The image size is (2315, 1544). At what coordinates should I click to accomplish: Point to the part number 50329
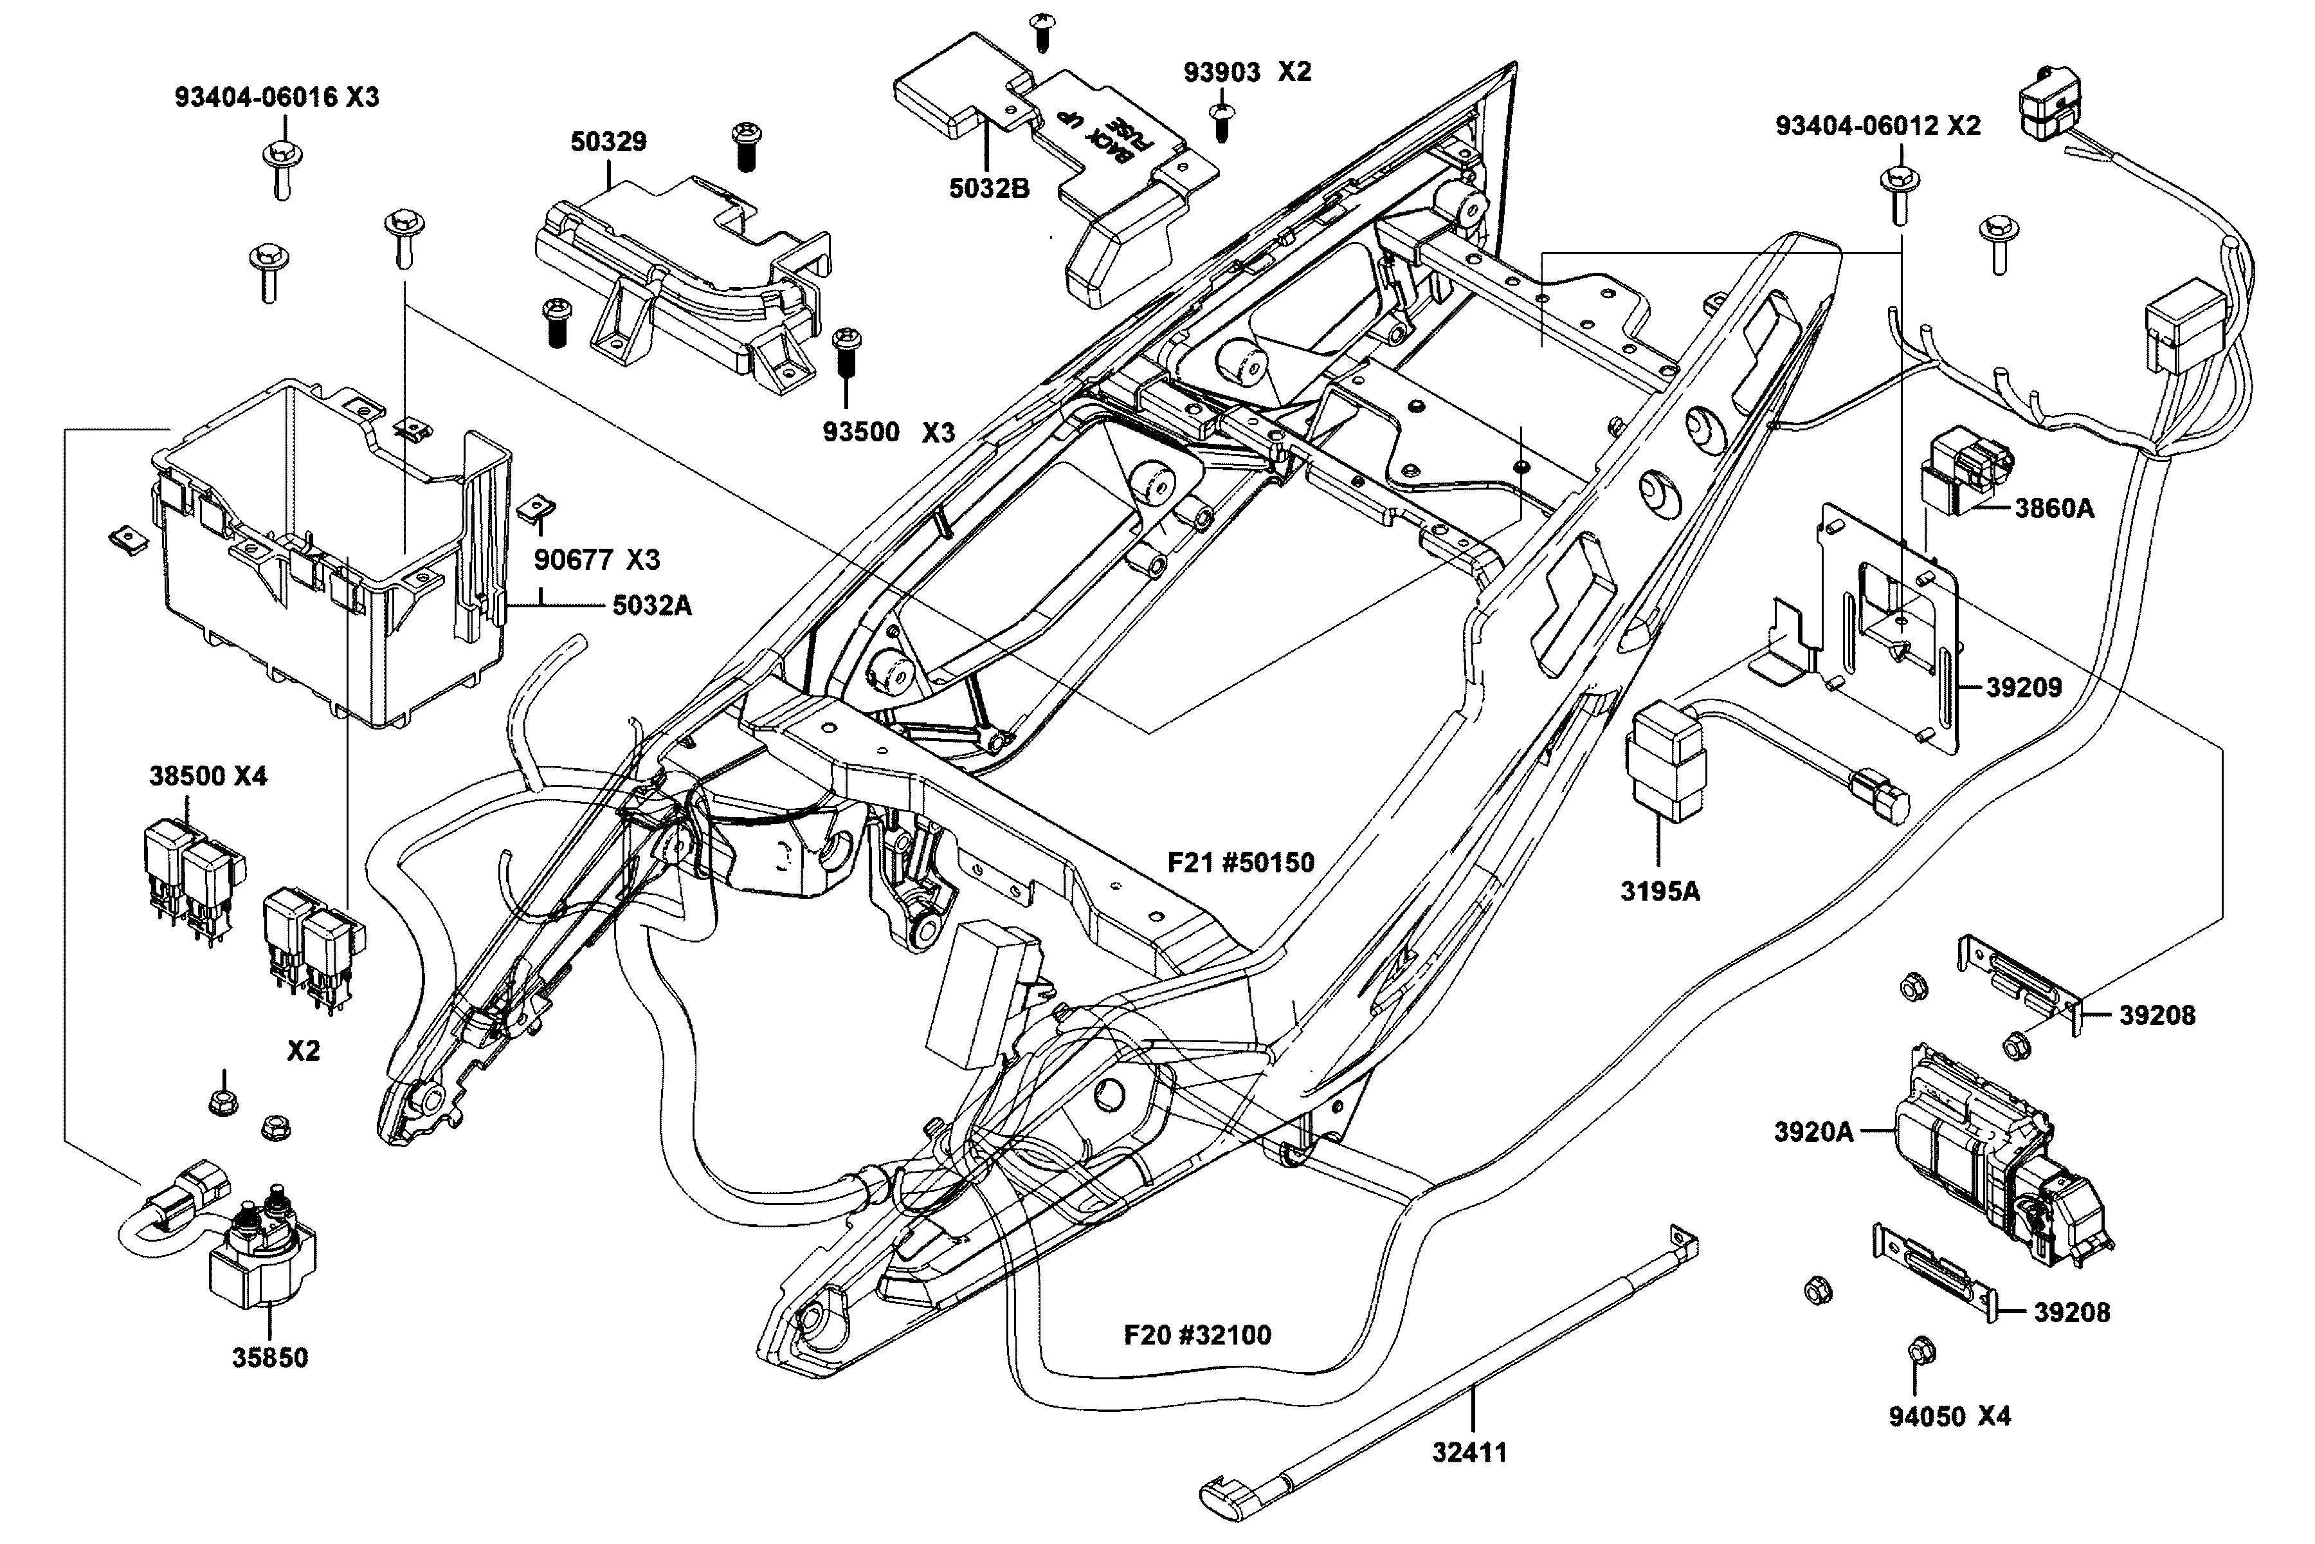point(608,142)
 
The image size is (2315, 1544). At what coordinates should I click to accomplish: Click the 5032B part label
point(989,188)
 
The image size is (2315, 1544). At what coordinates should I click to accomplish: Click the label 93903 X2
point(1247,72)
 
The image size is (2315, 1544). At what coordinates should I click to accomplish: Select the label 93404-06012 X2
point(1878,126)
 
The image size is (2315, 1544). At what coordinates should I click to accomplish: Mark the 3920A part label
point(1813,1132)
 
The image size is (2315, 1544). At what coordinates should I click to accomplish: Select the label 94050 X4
point(1949,1417)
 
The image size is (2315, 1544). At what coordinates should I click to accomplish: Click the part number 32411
point(1469,1453)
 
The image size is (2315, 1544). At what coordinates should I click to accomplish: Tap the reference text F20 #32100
point(1197,1336)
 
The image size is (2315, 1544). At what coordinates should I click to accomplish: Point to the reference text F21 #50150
point(1240,863)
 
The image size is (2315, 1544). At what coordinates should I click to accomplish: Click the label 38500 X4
point(208,776)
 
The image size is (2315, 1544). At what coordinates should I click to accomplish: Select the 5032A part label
point(651,605)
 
